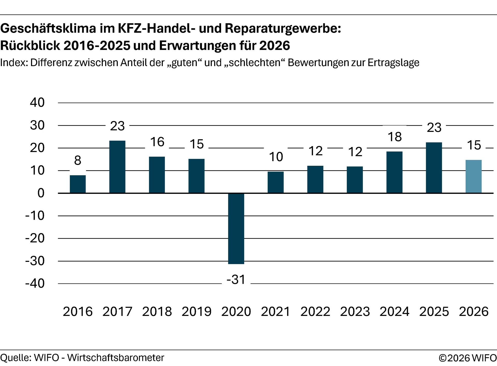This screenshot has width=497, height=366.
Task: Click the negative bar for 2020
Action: tap(236, 228)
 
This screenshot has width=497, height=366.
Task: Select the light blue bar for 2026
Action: tap(473, 177)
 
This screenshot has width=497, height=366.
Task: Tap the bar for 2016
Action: tap(78, 184)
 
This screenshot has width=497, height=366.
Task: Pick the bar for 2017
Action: tap(117, 167)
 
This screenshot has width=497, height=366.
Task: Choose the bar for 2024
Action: tap(394, 172)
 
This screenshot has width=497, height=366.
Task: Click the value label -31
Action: tap(236, 280)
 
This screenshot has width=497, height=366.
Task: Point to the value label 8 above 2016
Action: tap(78, 161)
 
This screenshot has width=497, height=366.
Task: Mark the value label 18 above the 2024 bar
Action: tap(394, 137)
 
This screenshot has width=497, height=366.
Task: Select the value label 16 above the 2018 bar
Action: tap(157, 142)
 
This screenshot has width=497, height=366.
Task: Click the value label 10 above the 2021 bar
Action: tap(276, 157)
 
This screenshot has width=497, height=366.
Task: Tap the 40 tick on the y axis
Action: tap(37, 103)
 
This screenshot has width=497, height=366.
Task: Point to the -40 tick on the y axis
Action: tap(35, 284)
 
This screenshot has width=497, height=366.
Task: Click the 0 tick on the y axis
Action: tap(41, 193)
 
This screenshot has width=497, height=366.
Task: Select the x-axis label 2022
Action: tap(315, 311)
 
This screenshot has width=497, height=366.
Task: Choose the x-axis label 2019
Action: tap(196, 311)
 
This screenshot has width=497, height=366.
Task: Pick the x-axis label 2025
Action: tap(434, 311)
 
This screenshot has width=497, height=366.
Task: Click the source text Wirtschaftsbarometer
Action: tap(115, 358)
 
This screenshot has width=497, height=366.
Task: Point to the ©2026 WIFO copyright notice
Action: tap(467, 358)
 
